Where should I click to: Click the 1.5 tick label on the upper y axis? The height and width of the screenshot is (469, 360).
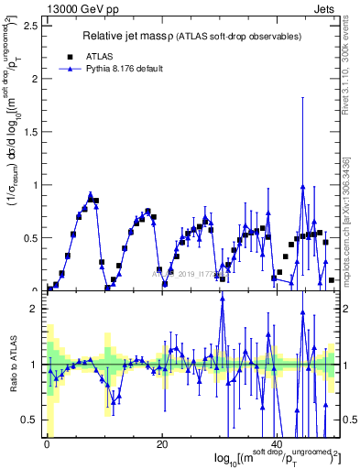click(x=32, y=131)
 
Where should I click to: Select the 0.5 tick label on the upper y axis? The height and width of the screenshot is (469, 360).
click(x=32, y=237)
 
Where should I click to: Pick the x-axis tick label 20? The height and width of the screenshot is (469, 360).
click(x=162, y=446)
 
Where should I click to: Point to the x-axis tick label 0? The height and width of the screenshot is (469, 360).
click(x=46, y=446)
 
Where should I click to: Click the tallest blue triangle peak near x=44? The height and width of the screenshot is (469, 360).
click(x=302, y=186)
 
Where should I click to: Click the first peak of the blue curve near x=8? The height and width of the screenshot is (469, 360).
click(x=90, y=194)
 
